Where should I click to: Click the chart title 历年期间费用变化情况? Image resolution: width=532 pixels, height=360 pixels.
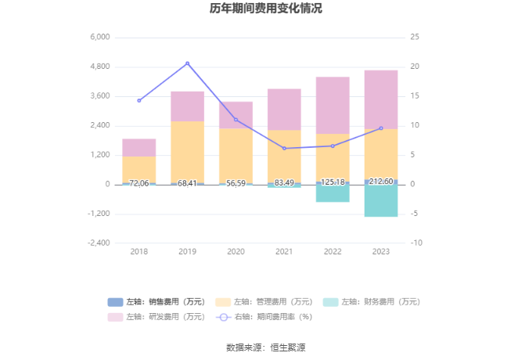265,9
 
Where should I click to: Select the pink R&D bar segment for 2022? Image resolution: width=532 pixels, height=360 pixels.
332,105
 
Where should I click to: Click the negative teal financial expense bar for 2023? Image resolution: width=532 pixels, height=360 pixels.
381,200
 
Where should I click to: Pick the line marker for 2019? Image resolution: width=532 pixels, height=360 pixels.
188,63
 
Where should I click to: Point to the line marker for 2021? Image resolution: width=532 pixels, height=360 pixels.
284,148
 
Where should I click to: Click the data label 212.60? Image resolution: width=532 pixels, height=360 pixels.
381,182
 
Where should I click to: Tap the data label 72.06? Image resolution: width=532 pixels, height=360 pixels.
139,182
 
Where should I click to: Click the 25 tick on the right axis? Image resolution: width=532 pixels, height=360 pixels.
415,38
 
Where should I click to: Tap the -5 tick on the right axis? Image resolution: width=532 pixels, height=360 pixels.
417,214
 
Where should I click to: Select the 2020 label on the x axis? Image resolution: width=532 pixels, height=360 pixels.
235,251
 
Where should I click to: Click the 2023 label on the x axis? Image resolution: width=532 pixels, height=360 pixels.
381,251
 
